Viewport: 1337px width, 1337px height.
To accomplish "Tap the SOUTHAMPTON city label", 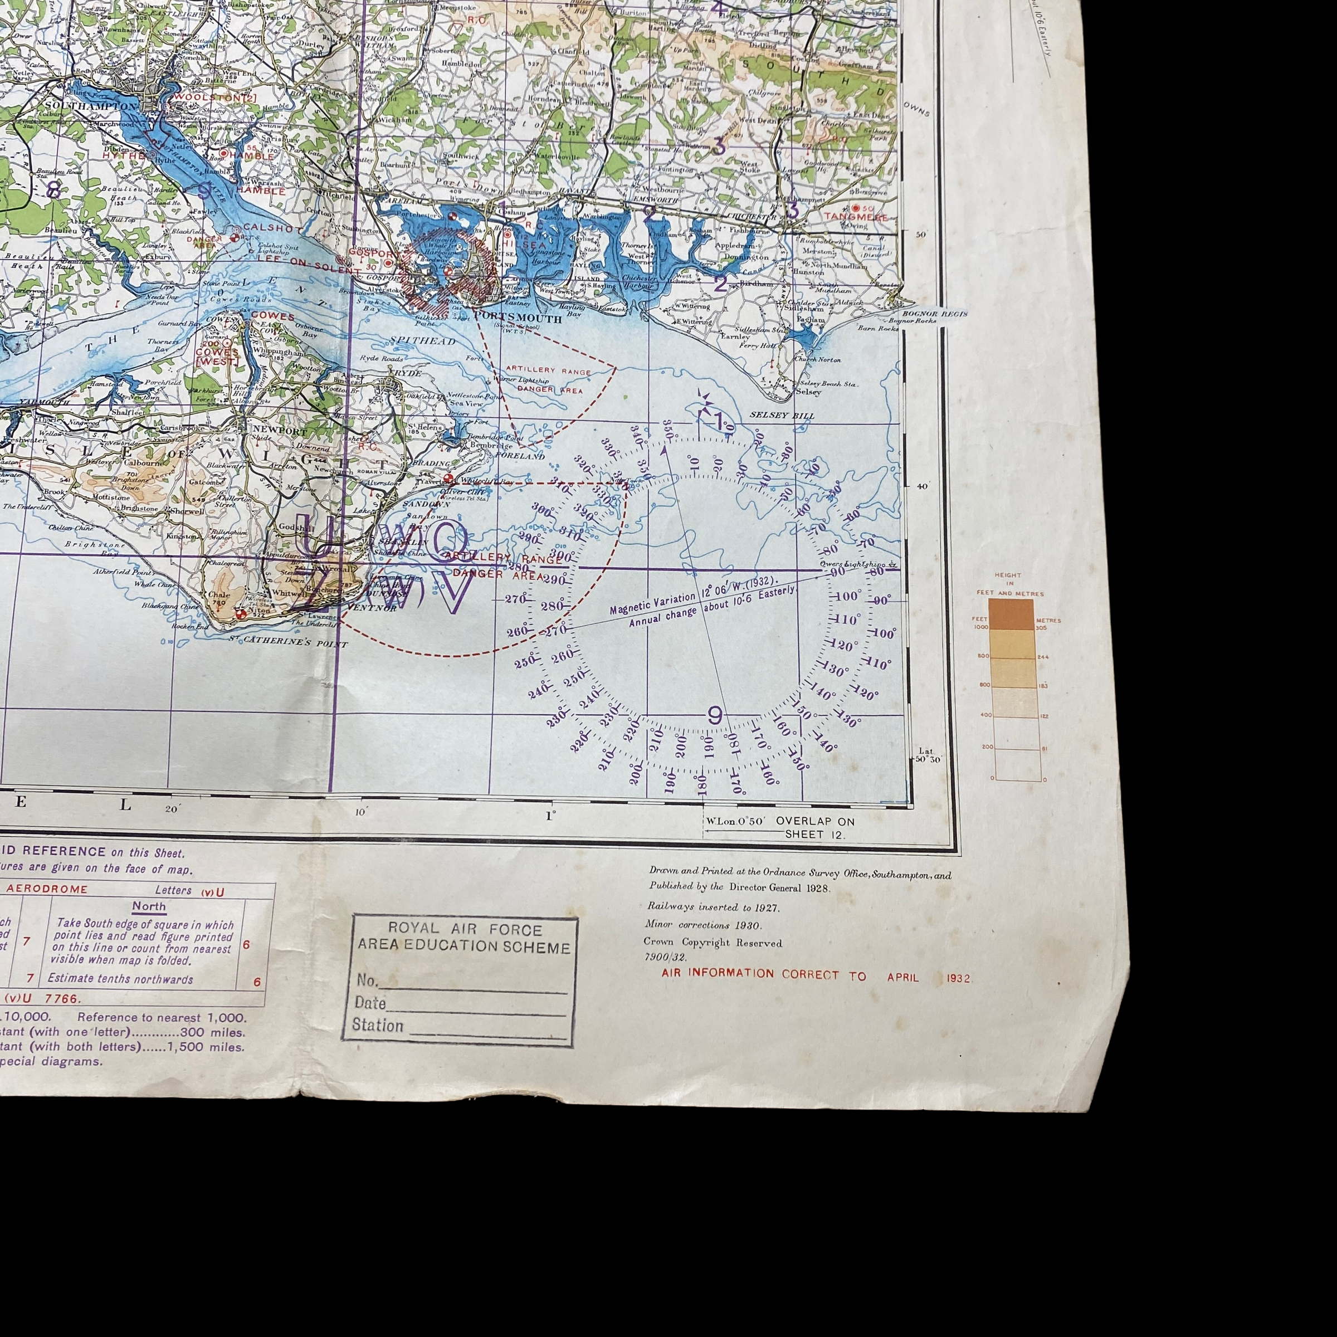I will (91, 106).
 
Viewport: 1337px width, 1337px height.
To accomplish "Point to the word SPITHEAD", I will (422, 341).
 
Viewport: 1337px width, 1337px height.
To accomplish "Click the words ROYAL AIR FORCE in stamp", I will (465, 929).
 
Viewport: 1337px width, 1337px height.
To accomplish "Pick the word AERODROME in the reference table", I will (47, 889).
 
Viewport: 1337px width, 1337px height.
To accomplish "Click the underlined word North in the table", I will (149, 906).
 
